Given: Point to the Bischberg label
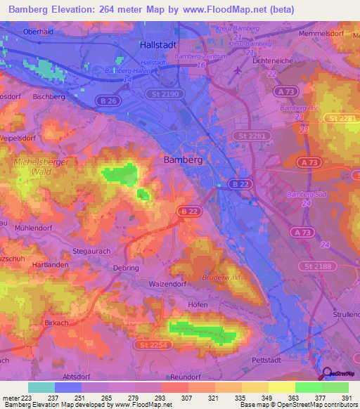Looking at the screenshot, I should pos(49,96).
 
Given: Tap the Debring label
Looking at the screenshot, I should pos(126,268).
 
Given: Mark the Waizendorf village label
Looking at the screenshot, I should pos(167,284).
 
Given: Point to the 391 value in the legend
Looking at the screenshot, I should pos(347,399).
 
